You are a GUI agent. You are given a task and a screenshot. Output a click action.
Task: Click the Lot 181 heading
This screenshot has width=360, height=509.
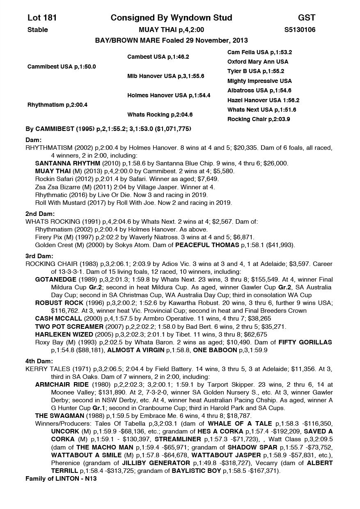click(42, 18)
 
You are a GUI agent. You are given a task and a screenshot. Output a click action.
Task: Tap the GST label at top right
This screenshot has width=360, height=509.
click(307, 18)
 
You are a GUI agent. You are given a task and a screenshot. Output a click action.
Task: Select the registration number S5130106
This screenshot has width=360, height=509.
click(300, 30)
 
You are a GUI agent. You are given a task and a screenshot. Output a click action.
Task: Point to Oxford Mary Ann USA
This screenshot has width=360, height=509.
click(258, 62)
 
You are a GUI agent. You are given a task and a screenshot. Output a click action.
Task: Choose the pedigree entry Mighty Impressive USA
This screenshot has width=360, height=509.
click(259, 81)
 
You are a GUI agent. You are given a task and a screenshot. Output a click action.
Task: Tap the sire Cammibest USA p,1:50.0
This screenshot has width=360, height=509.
click(62, 66)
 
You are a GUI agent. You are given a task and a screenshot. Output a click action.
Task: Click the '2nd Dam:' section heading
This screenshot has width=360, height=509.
click(40, 214)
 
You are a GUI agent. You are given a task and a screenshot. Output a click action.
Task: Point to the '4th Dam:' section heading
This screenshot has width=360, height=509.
click(39, 361)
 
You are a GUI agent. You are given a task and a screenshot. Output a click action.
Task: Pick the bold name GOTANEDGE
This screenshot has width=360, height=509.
click(56, 280)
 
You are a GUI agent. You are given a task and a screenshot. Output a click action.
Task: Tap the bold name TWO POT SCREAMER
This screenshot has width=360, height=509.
click(69, 326)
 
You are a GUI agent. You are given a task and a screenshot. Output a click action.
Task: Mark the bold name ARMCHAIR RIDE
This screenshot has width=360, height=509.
click(62, 385)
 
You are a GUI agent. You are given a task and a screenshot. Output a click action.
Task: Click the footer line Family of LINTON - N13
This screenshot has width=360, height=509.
click(61, 479)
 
